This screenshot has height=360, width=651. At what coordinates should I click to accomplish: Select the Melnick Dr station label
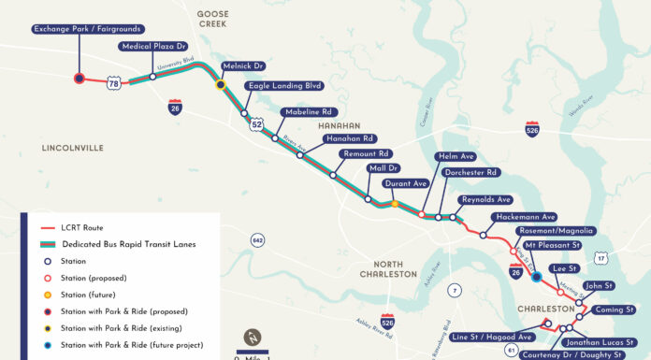pyautogui.click(x=243, y=66)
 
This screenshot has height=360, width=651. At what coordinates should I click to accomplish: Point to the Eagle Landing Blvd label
pyautogui.click(x=283, y=86)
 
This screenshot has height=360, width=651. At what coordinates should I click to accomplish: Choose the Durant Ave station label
pyautogui.click(x=406, y=184)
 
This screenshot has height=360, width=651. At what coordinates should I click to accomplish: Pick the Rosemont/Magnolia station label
pyautogui.click(x=555, y=231)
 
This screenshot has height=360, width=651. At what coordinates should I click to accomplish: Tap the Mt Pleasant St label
pyautogui.click(x=553, y=245)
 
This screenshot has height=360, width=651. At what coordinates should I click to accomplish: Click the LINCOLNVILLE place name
pyautogui.click(x=72, y=148)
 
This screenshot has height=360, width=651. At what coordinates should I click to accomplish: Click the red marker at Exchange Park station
pyautogui.click(x=79, y=79)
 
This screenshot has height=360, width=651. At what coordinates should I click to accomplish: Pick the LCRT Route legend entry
pyautogui.click(x=84, y=227)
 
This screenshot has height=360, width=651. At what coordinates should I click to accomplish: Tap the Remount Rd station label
pyautogui.click(x=366, y=153)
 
